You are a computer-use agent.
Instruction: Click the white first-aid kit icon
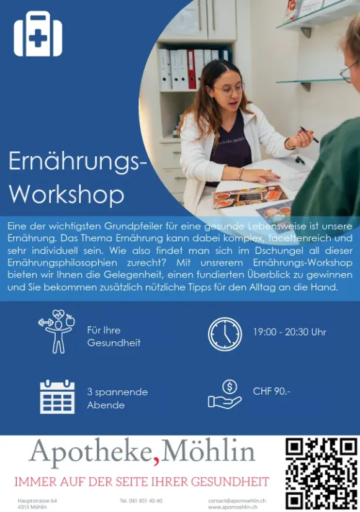point(38,34)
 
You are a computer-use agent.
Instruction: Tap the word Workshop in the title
point(66,194)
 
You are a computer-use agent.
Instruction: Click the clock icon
point(225,334)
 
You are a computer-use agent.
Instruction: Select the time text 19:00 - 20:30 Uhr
point(289,332)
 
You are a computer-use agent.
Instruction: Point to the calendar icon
point(57,397)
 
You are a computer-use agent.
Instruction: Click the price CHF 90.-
point(271,391)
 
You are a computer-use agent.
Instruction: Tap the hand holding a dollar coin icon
point(225,395)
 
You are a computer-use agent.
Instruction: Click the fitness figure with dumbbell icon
point(57,331)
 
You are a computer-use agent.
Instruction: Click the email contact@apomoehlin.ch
point(237,501)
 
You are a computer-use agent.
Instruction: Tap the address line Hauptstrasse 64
point(37,501)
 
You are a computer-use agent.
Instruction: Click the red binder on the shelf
point(191,70)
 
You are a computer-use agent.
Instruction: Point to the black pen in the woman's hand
point(309,135)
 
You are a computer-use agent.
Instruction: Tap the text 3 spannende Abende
point(117,398)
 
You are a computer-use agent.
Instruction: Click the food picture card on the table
point(250,196)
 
